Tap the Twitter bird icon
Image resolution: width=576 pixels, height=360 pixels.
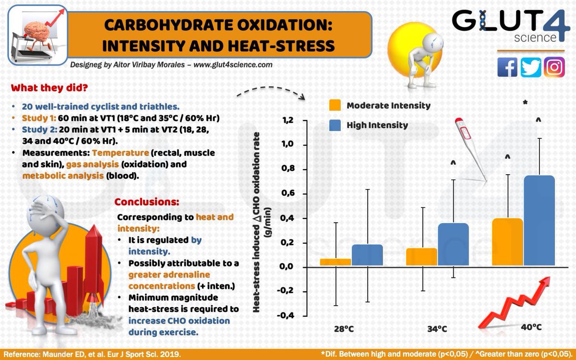(x=530, y=67)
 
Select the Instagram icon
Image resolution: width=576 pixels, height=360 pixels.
(x=554, y=67)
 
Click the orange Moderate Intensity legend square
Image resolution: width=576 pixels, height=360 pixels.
(x=335, y=106)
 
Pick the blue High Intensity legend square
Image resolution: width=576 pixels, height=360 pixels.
(x=335, y=125)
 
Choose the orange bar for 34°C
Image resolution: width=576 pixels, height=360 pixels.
(x=421, y=257)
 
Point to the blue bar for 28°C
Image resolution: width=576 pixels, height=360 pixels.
(x=367, y=255)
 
